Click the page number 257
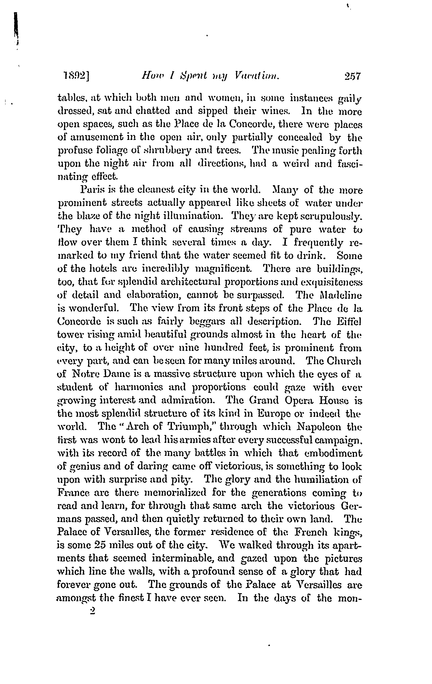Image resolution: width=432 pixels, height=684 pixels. (x=352, y=77)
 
